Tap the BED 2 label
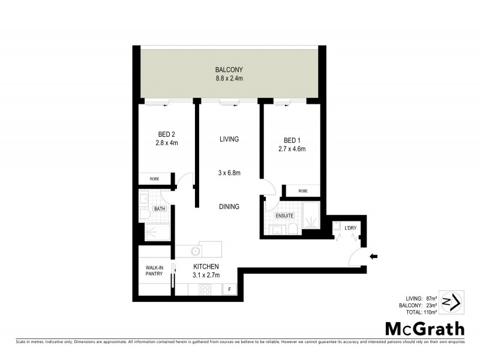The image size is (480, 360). (167, 134)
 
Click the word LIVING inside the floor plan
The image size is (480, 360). (229, 139)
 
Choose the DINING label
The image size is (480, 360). (229, 206)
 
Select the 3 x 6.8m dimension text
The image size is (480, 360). (229, 173)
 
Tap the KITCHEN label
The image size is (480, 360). (206, 266)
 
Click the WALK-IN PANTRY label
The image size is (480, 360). (155, 271)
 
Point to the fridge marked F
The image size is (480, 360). (229, 290)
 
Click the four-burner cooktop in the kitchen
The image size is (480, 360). (205, 289)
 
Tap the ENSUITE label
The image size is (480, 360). (284, 215)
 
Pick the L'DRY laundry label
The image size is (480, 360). (350, 228)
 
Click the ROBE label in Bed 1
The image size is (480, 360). (303, 191)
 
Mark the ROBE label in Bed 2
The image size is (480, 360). (155, 179)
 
